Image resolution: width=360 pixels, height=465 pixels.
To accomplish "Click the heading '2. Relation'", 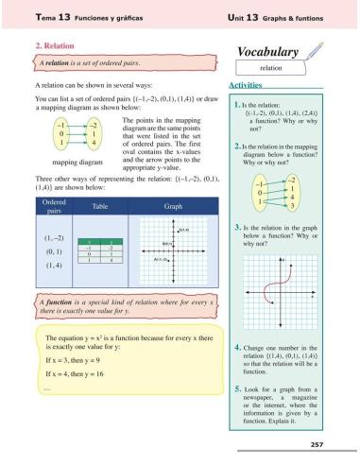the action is tap(54, 43).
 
